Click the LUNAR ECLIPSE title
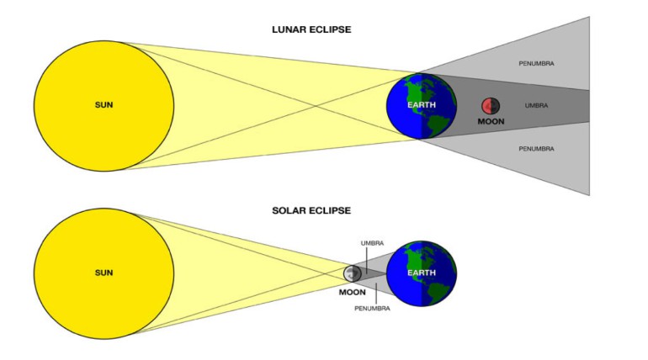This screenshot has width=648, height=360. [x=312, y=29]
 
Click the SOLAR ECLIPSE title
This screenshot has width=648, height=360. [x=312, y=209]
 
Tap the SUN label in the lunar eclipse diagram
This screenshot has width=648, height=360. [x=104, y=105]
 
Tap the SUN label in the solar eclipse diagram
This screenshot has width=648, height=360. [x=104, y=273]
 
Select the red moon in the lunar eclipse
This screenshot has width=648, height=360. [x=490, y=106]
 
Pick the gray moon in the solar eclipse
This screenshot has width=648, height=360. [x=353, y=273]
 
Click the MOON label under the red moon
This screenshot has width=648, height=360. [x=491, y=122]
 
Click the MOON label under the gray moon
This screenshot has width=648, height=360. [x=352, y=293]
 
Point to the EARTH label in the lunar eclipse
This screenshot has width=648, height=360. [x=422, y=104]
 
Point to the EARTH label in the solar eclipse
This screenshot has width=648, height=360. [x=422, y=273]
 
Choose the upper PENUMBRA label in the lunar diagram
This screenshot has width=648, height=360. [x=536, y=63]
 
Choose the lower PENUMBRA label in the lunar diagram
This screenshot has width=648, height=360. [x=536, y=149]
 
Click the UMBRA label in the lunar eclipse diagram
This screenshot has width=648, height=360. [x=536, y=106]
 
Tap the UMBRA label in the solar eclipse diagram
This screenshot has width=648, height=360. [x=372, y=242]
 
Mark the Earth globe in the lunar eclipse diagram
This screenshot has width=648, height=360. [x=421, y=106]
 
